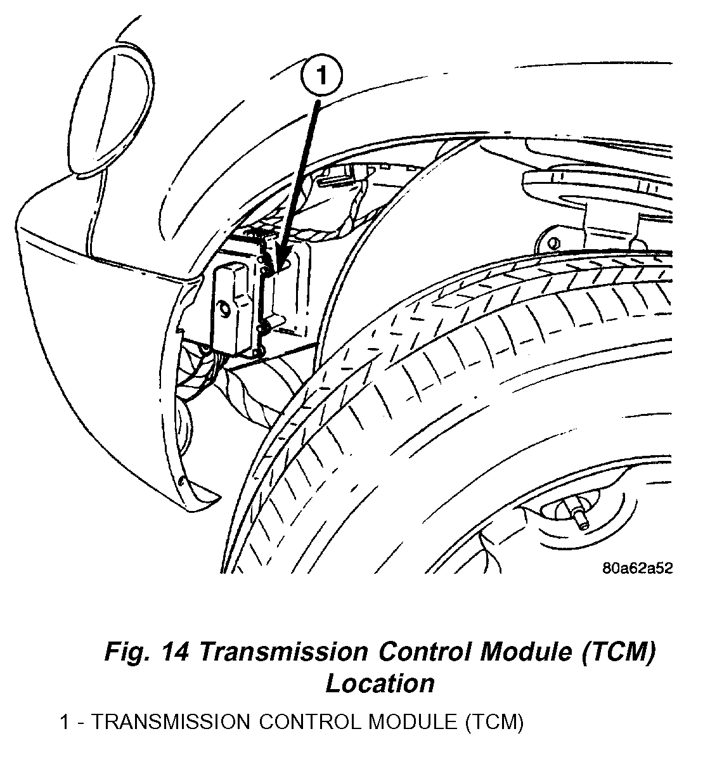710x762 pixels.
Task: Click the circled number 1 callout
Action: click(x=321, y=77)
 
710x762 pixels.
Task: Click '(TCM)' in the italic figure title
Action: click(x=616, y=652)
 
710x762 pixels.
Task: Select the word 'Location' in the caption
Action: click(x=380, y=683)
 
